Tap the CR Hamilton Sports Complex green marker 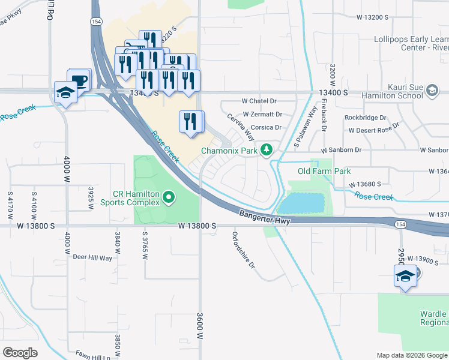tap(169, 197)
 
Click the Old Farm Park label tap(324, 171)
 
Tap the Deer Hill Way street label tap(92, 257)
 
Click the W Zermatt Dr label tap(262, 114)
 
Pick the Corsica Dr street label tap(266, 127)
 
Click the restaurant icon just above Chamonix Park tap(190, 122)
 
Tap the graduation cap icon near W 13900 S tap(405, 276)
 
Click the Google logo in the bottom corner tap(20, 353)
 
